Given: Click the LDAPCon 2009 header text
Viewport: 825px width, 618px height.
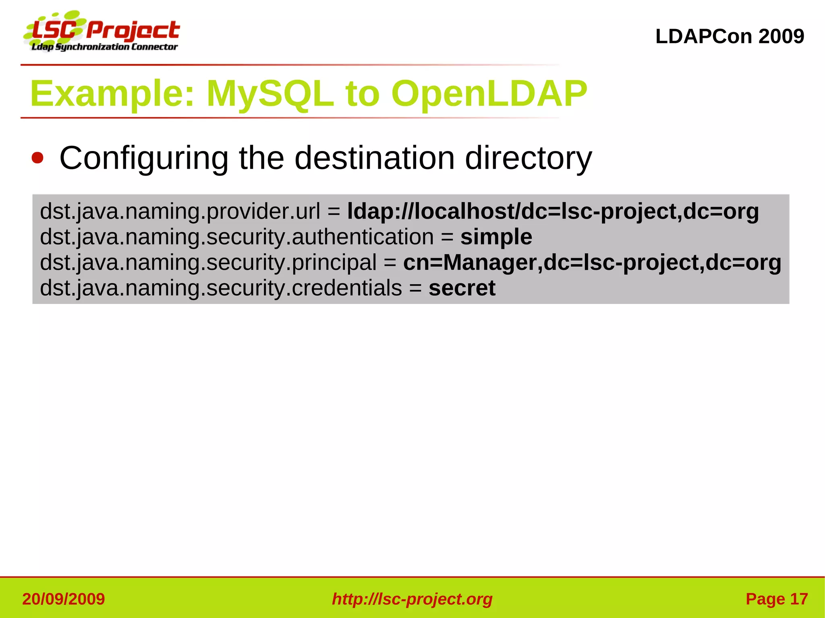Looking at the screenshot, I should click(730, 37).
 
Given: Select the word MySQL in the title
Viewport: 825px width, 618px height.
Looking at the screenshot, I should click(270, 94).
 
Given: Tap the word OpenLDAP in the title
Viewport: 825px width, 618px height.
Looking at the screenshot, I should click(489, 94).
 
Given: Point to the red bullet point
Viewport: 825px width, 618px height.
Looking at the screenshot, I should click(37, 158).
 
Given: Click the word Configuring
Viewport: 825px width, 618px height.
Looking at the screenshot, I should click(144, 159).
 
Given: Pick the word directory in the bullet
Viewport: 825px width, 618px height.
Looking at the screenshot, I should click(528, 159).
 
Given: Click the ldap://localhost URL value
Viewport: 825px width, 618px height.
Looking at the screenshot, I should click(553, 211).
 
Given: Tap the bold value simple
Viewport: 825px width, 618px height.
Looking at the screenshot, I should click(496, 237).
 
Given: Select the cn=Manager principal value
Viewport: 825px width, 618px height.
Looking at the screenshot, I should click(592, 262).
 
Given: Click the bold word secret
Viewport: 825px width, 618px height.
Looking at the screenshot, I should click(462, 288).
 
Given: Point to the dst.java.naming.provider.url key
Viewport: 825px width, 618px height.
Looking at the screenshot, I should click(180, 212).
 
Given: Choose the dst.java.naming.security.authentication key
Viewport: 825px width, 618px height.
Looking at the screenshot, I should click(236, 237).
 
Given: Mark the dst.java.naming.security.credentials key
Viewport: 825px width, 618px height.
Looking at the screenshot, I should click(221, 288).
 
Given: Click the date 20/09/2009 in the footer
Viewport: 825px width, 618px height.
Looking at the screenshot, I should click(64, 599).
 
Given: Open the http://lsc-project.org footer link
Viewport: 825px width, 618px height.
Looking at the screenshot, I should click(412, 599).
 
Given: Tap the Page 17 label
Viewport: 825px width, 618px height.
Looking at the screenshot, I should click(776, 599).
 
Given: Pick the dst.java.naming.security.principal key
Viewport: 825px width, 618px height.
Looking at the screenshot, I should click(208, 262).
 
